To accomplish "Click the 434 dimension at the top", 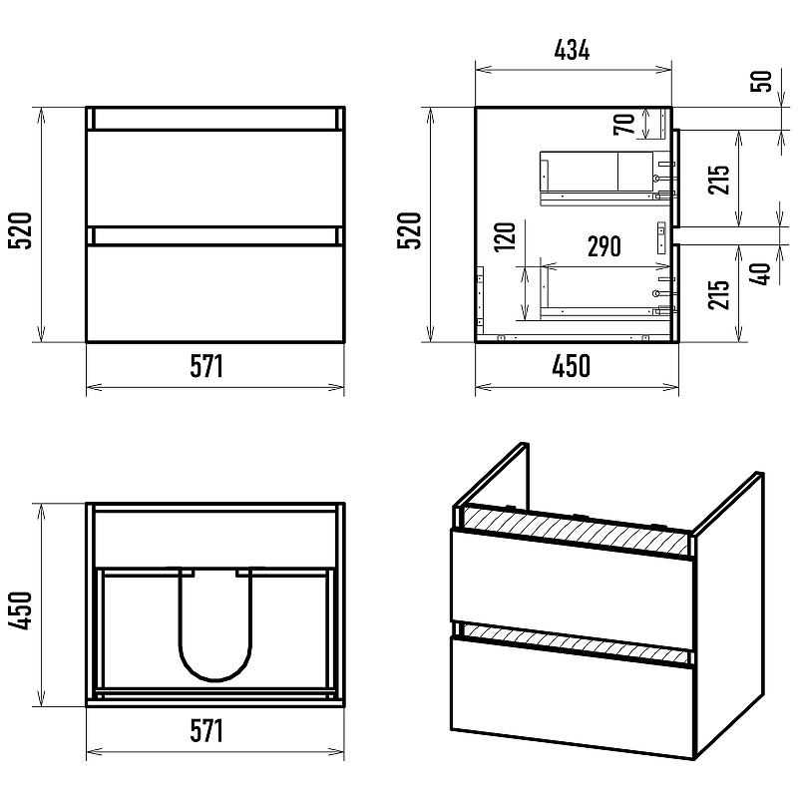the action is [572, 50].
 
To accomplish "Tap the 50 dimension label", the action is [761, 81].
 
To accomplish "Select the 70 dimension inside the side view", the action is [624, 124].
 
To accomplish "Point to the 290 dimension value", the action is [604, 246].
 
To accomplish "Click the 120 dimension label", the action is [505, 236].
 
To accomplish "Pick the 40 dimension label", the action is [760, 273].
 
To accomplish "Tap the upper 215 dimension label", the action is [718, 180].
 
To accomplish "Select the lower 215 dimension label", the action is [718, 294].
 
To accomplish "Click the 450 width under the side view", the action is [571, 366].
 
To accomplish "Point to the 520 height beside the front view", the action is [20, 230].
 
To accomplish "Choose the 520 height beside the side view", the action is [409, 230].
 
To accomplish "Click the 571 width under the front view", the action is [206, 366].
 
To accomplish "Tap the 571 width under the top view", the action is [206, 731].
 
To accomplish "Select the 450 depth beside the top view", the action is [20, 610].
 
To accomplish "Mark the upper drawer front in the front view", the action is [215, 179].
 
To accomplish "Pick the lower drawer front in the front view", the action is [215, 293].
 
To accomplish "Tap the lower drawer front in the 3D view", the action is [572, 697].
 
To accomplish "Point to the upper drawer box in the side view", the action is [597, 172].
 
